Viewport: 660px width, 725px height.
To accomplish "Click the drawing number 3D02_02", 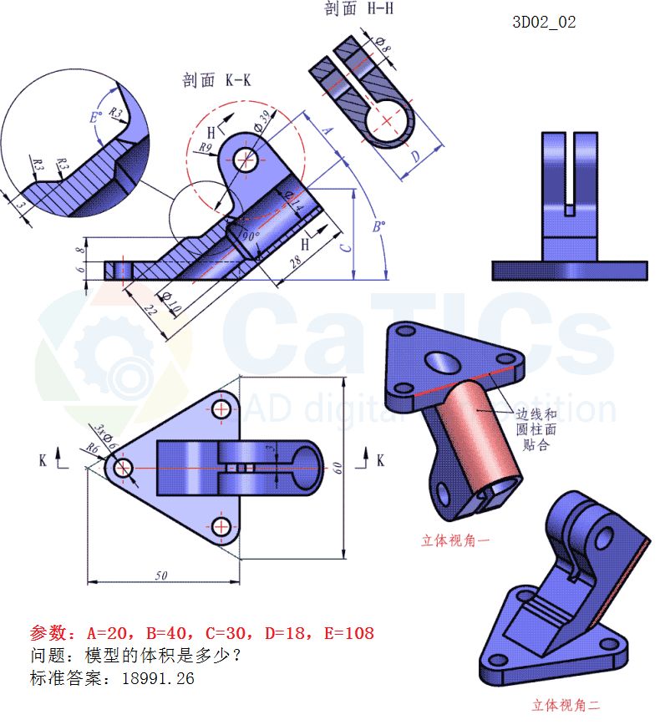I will tap(544, 23).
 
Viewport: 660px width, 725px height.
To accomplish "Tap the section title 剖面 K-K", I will tap(216, 80).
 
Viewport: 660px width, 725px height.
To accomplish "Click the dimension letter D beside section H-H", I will tap(415, 155).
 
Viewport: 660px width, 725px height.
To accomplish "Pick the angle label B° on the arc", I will tap(378, 227).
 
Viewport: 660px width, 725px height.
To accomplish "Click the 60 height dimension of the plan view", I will tap(338, 469).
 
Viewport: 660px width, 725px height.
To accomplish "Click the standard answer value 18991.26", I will tap(158, 678).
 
